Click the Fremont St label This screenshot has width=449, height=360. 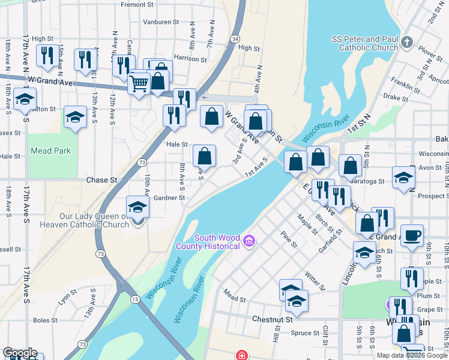pyautogui.click(x=137, y=4)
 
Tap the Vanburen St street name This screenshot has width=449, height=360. pyautogui.click(x=161, y=22)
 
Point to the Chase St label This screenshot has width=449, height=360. pyautogui.click(x=101, y=180)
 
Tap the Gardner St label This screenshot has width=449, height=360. pyautogui.click(x=168, y=197)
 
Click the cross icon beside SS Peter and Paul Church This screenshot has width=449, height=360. pyautogui.click(x=408, y=43)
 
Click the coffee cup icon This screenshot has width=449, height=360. pyautogui.click(x=412, y=235)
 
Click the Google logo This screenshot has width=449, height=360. pyautogui.click(x=20, y=353)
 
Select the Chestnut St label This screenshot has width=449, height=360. pyautogui.click(x=272, y=319)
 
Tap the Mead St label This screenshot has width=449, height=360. pyautogui.click(x=234, y=295)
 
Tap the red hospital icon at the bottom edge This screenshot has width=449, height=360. pyautogui.click(x=242, y=355)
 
